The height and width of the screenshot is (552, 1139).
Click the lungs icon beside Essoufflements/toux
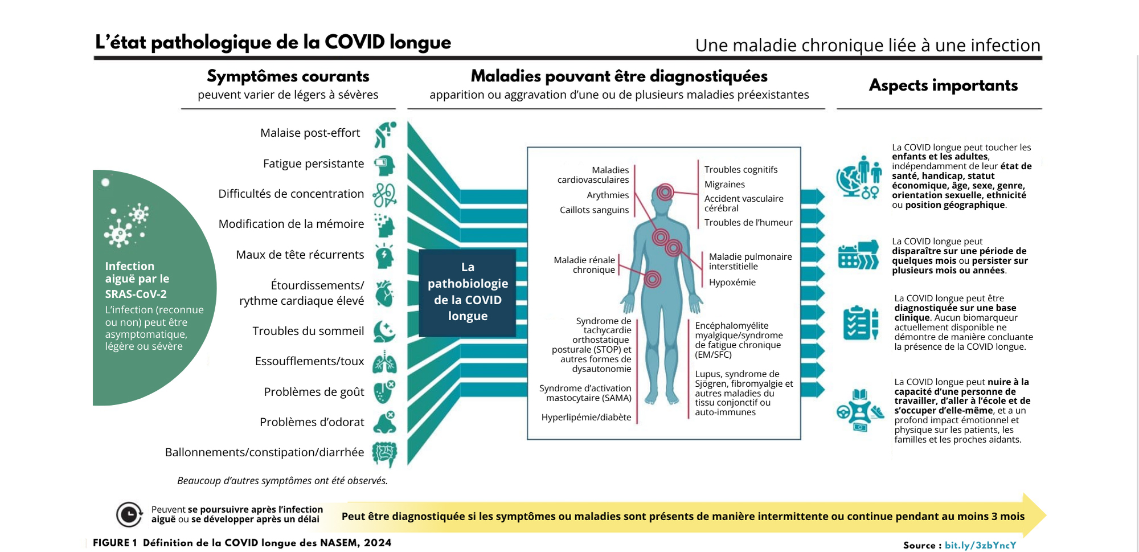pos(384,362)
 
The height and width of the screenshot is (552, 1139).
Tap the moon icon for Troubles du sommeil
pos(384,331)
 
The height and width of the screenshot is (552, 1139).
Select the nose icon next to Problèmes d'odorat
pos(384,422)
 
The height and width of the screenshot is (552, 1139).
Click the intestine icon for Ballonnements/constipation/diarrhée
pos(384,453)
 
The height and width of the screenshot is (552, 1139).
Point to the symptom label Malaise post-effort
pos(310,133)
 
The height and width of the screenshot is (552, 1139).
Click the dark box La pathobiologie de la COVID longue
pos(468,292)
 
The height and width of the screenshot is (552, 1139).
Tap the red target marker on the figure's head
pos(665,193)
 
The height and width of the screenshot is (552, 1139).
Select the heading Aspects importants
pos(943,85)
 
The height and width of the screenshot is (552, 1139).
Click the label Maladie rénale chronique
pos(584,265)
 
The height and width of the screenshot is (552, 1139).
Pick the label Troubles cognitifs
pos(740,169)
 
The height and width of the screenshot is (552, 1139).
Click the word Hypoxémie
pos(732,282)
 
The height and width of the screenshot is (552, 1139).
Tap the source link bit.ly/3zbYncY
pos(980,545)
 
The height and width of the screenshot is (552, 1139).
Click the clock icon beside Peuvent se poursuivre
pos(129,514)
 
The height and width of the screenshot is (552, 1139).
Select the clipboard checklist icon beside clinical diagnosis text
pos(861,323)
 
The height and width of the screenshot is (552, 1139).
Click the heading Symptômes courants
pos(288,76)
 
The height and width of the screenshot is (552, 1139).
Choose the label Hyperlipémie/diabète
pos(586,417)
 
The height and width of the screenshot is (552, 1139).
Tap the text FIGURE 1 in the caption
pos(114,542)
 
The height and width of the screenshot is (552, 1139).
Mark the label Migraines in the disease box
pos(724,184)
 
